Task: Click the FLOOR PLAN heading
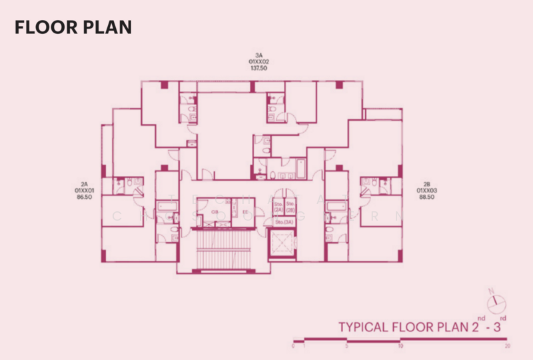pyautogui.click(x=73, y=27)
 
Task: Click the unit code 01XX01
pyautogui.click(x=85, y=191)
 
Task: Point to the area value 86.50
pyautogui.click(x=85, y=198)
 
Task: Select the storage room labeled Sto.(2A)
pyautogui.click(x=278, y=206)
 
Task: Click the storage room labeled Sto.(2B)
pyautogui.click(x=290, y=206)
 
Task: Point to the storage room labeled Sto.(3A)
pyautogui.click(x=284, y=221)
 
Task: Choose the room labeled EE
pyautogui.click(x=245, y=211)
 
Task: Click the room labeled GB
pyautogui.click(x=215, y=211)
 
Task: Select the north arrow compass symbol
pyautogui.click(x=495, y=303)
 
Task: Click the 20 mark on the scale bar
pyautogui.click(x=508, y=347)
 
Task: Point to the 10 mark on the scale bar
pyautogui.click(x=400, y=347)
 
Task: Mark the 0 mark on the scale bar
pyautogui.click(x=293, y=347)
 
